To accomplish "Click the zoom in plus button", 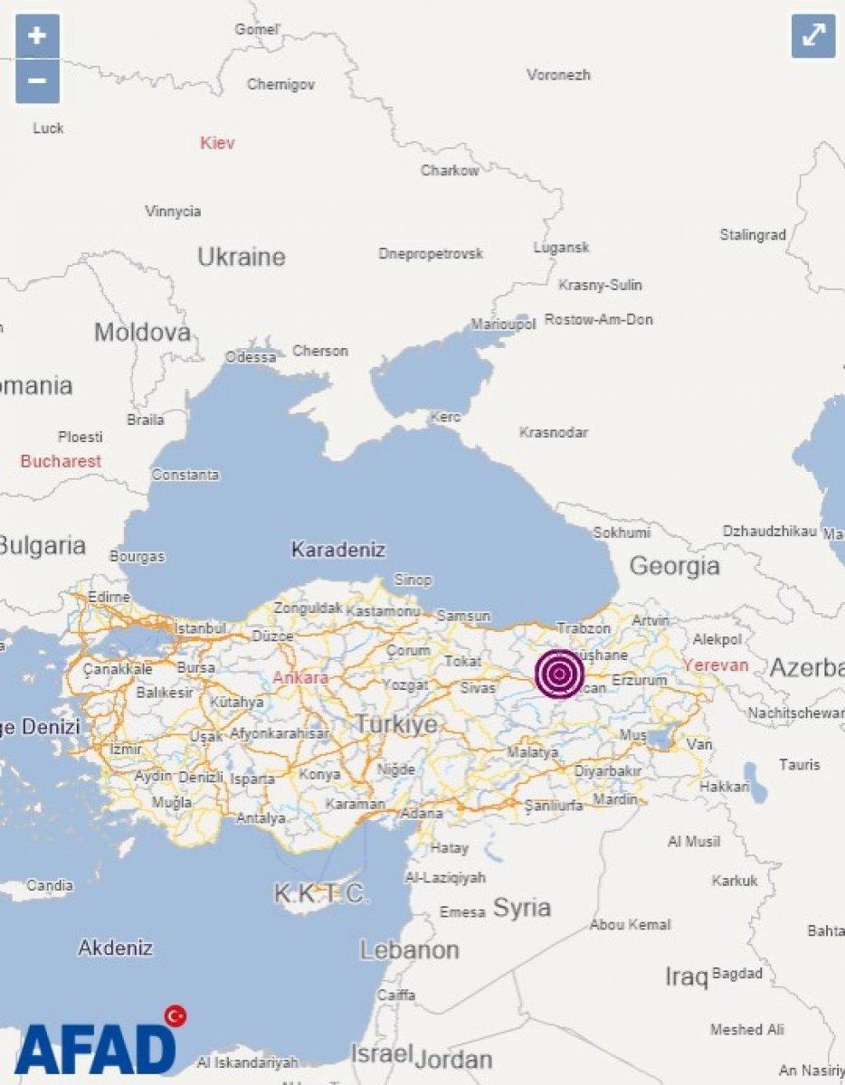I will pyautogui.click(x=37, y=36).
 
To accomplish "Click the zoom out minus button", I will pyautogui.click(x=37, y=81).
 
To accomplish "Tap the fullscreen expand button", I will pyautogui.click(x=813, y=36).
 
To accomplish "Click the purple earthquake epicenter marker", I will pyautogui.click(x=559, y=673).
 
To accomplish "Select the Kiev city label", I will pyautogui.click(x=217, y=143).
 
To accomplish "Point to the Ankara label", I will pyautogui.click(x=300, y=677).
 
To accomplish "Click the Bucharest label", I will pyautogui.click(x=61, y=461).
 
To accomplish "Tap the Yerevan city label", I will pyautogui.click(x=716, y=665).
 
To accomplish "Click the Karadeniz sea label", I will pyautogui.click(x=337, y=550).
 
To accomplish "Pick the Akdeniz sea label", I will pyautogui.click(x=115, y=948).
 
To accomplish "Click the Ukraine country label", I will pyautogui.click(x=242, y=257).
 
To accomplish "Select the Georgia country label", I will pyautogui.click(x=675, y=567).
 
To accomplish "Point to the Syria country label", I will pyautogui.click(x=522, y=908).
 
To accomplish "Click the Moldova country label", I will pyautogui.click(x=142, y=332).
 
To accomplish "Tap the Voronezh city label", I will pyautogui.click(x=558, y=75).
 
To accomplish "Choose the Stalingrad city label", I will pyautogui.click(x=753, y=235).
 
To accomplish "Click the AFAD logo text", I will pyautogui.click(x=95, y=1049).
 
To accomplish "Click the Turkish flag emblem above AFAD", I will pyautogui.click(x=176, y=1015).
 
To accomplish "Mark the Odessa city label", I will pyautogui.click(x=251, y=357).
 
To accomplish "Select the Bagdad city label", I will pyautogui.click(x=737, y=974).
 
